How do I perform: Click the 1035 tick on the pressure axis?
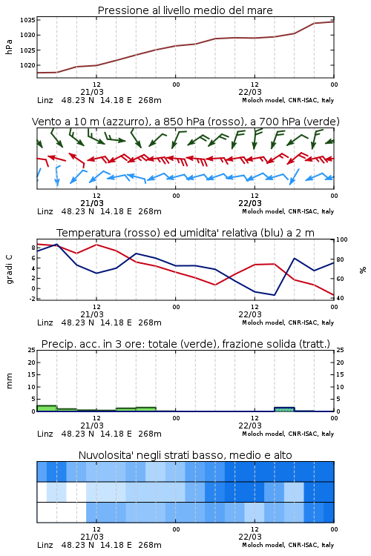pos(27,20)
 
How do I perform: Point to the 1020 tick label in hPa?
pos(27,65)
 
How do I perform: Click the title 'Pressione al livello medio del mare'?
pos(185,10)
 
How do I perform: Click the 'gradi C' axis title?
pos(9,270)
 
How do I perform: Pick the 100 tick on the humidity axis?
pos(341,239)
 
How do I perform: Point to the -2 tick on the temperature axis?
pos(32,299)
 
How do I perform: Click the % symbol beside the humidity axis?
pos(363,270)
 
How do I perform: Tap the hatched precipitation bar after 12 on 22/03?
pos(284,409)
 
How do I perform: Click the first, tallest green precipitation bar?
pos(47,408)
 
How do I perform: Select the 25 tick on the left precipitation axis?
pos(32,350)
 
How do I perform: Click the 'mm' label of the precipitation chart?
pos(9,381)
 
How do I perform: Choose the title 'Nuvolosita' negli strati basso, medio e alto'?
pos(185,455)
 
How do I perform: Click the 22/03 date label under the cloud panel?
pos(250,537)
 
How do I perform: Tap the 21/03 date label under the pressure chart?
pos(92,92)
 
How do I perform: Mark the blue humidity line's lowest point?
pos(274,295)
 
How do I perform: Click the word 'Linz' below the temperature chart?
pos(45,322)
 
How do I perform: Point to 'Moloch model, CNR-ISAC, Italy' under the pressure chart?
pos(288,100)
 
